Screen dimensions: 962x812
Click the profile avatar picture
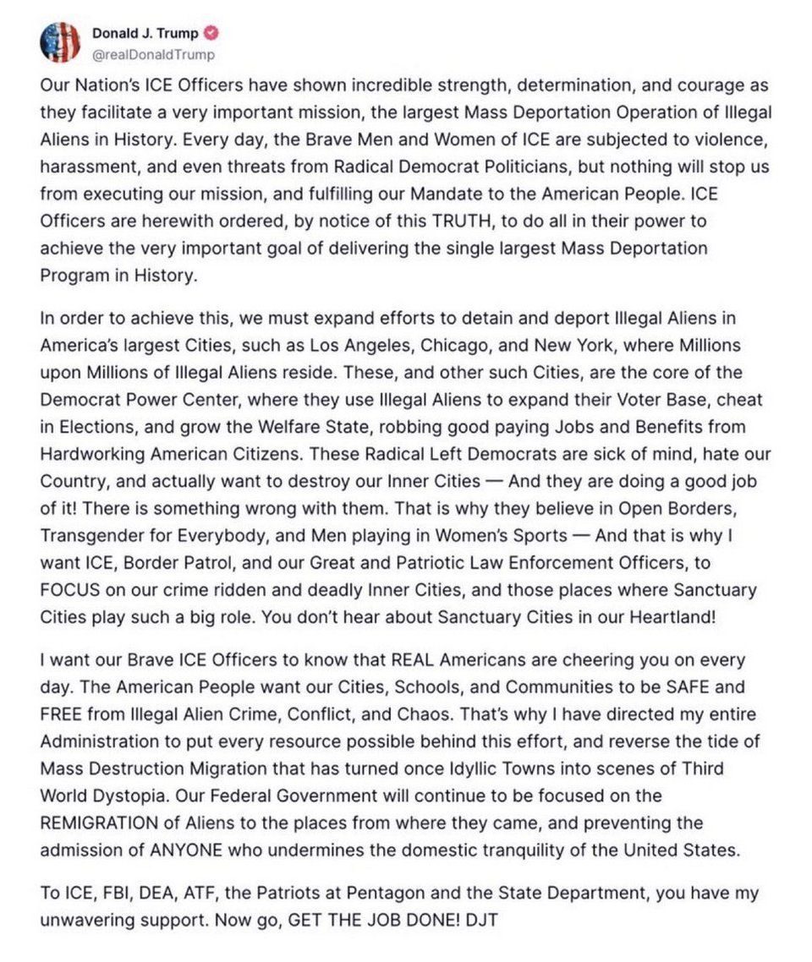point(60,43)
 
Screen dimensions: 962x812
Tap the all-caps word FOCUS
point(67,590)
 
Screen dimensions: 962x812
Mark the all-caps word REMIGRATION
point(100,823)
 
